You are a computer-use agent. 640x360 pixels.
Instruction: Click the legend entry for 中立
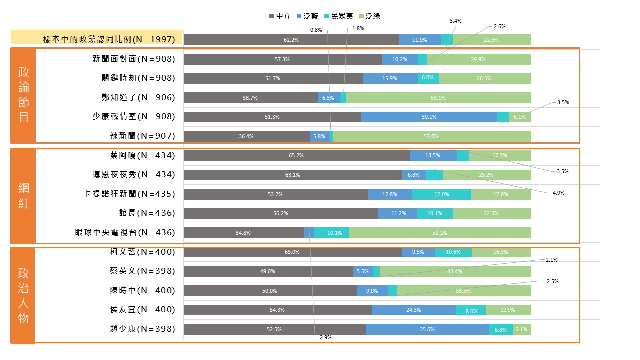tap(280, 16)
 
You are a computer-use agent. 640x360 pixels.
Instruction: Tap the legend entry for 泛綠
tap(369, 16)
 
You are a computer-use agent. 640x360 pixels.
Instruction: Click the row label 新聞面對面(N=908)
tap(134, 59)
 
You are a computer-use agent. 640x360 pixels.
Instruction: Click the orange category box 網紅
tap(23, 195)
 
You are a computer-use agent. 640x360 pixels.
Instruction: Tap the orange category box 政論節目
tap(23, 95)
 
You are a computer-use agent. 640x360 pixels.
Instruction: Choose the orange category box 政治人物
tap(23, 295)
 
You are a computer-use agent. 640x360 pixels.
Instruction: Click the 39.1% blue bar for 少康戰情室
tap(429, 117)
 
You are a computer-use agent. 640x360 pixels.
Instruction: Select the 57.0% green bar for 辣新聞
tap(431, 136)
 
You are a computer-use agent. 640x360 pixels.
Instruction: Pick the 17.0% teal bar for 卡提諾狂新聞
tap(441, 194)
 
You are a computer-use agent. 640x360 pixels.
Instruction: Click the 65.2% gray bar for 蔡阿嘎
tap(296, 155)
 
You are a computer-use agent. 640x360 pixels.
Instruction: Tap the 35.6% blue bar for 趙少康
tap(427, 329)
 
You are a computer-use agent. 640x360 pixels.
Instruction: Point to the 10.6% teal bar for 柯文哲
tap(453, 252)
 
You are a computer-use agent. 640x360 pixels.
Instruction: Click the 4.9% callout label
tap(558, 193)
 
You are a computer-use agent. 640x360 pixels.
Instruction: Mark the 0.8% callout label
tap(316, 30)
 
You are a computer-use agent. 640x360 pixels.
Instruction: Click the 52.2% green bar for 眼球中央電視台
tap(440, 233)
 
